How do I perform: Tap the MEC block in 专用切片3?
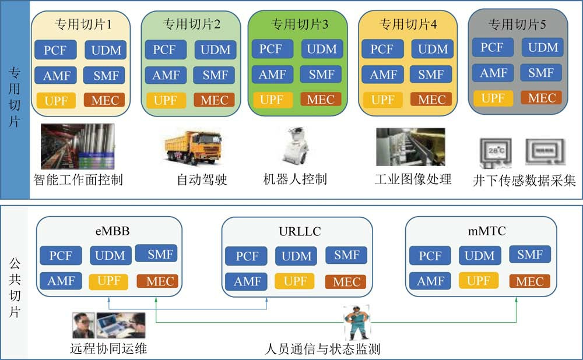tap(320, 99)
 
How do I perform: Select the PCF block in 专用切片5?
tap(492, 47)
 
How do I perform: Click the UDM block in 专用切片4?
tap(432, 50)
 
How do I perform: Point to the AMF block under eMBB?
tap(61, 281)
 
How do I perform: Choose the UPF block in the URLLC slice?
tap(295, 281)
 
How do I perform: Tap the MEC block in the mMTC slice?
tap(529, 282)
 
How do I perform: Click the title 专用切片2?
tap(191, 24)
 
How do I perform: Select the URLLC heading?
tap(300, 231)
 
